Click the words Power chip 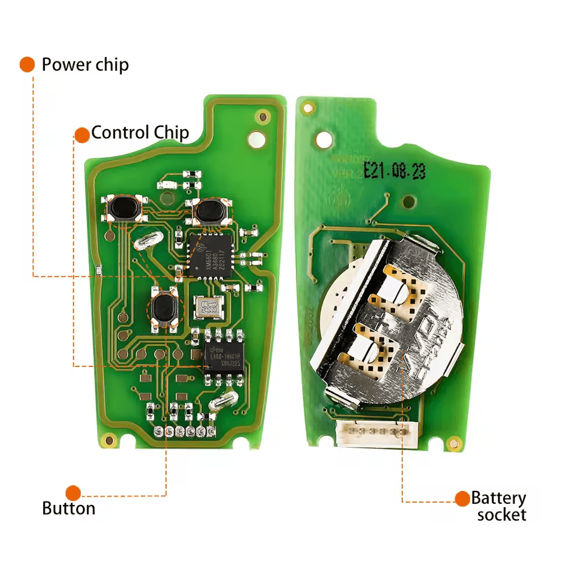tap(85, 64)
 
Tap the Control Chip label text tap(140, 133)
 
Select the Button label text tap(68, 508)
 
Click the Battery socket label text tap(498, 506)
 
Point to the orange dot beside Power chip tap(27, 64)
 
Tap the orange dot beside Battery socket tap(462, 498)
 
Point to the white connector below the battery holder tap(371, 434)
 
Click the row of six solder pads tap(182, 432)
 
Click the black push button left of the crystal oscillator tap(164, 308)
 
